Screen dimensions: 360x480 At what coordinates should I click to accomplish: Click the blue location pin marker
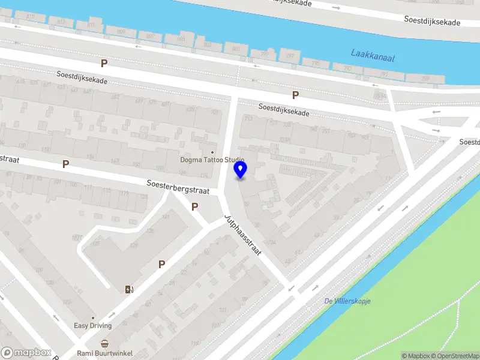pos(241,170)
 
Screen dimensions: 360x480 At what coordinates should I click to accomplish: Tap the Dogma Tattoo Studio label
pos(212,160)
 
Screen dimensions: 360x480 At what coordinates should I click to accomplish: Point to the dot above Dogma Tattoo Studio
pos(211,152)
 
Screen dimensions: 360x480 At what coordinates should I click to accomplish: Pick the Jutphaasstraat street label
pos(242,235)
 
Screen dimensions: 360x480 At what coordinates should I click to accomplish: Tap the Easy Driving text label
pos(93,326)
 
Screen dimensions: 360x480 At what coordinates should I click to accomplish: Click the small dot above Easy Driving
pos(92,318)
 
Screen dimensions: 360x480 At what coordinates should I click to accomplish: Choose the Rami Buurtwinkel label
pos(105,353)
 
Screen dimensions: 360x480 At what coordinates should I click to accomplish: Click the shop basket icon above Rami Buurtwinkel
pos(105,344)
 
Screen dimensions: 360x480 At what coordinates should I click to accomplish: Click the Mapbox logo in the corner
pos(26,353)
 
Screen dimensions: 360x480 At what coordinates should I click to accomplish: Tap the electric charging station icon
pos(129,290)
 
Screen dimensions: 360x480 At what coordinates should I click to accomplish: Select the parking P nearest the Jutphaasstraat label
pos(194,207)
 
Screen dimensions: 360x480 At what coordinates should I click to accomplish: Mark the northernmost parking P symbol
pos(104,63)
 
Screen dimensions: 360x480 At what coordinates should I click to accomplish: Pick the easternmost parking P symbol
pos(295,95)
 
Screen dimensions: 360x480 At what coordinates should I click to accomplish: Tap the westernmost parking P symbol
pos(65,164)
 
